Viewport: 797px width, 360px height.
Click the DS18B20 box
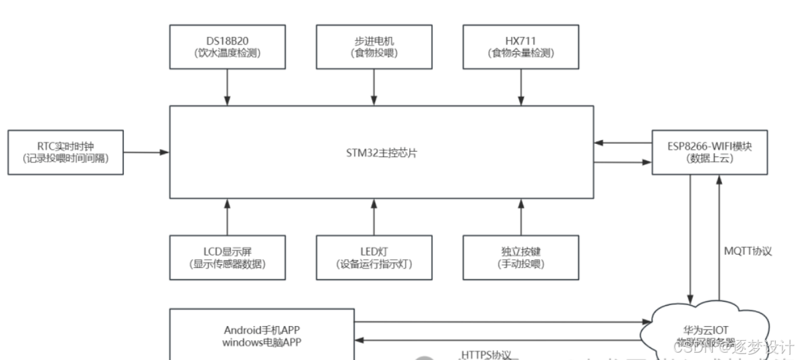226,46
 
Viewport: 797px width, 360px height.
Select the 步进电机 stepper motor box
374,46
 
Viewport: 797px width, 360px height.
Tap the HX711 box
518,46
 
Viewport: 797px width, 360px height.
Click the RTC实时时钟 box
64,152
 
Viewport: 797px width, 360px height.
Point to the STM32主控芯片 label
381,152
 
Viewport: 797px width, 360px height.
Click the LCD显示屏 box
226,257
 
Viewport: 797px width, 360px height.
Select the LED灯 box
374,257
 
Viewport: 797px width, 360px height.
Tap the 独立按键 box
518,257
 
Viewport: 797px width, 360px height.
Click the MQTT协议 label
749,253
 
